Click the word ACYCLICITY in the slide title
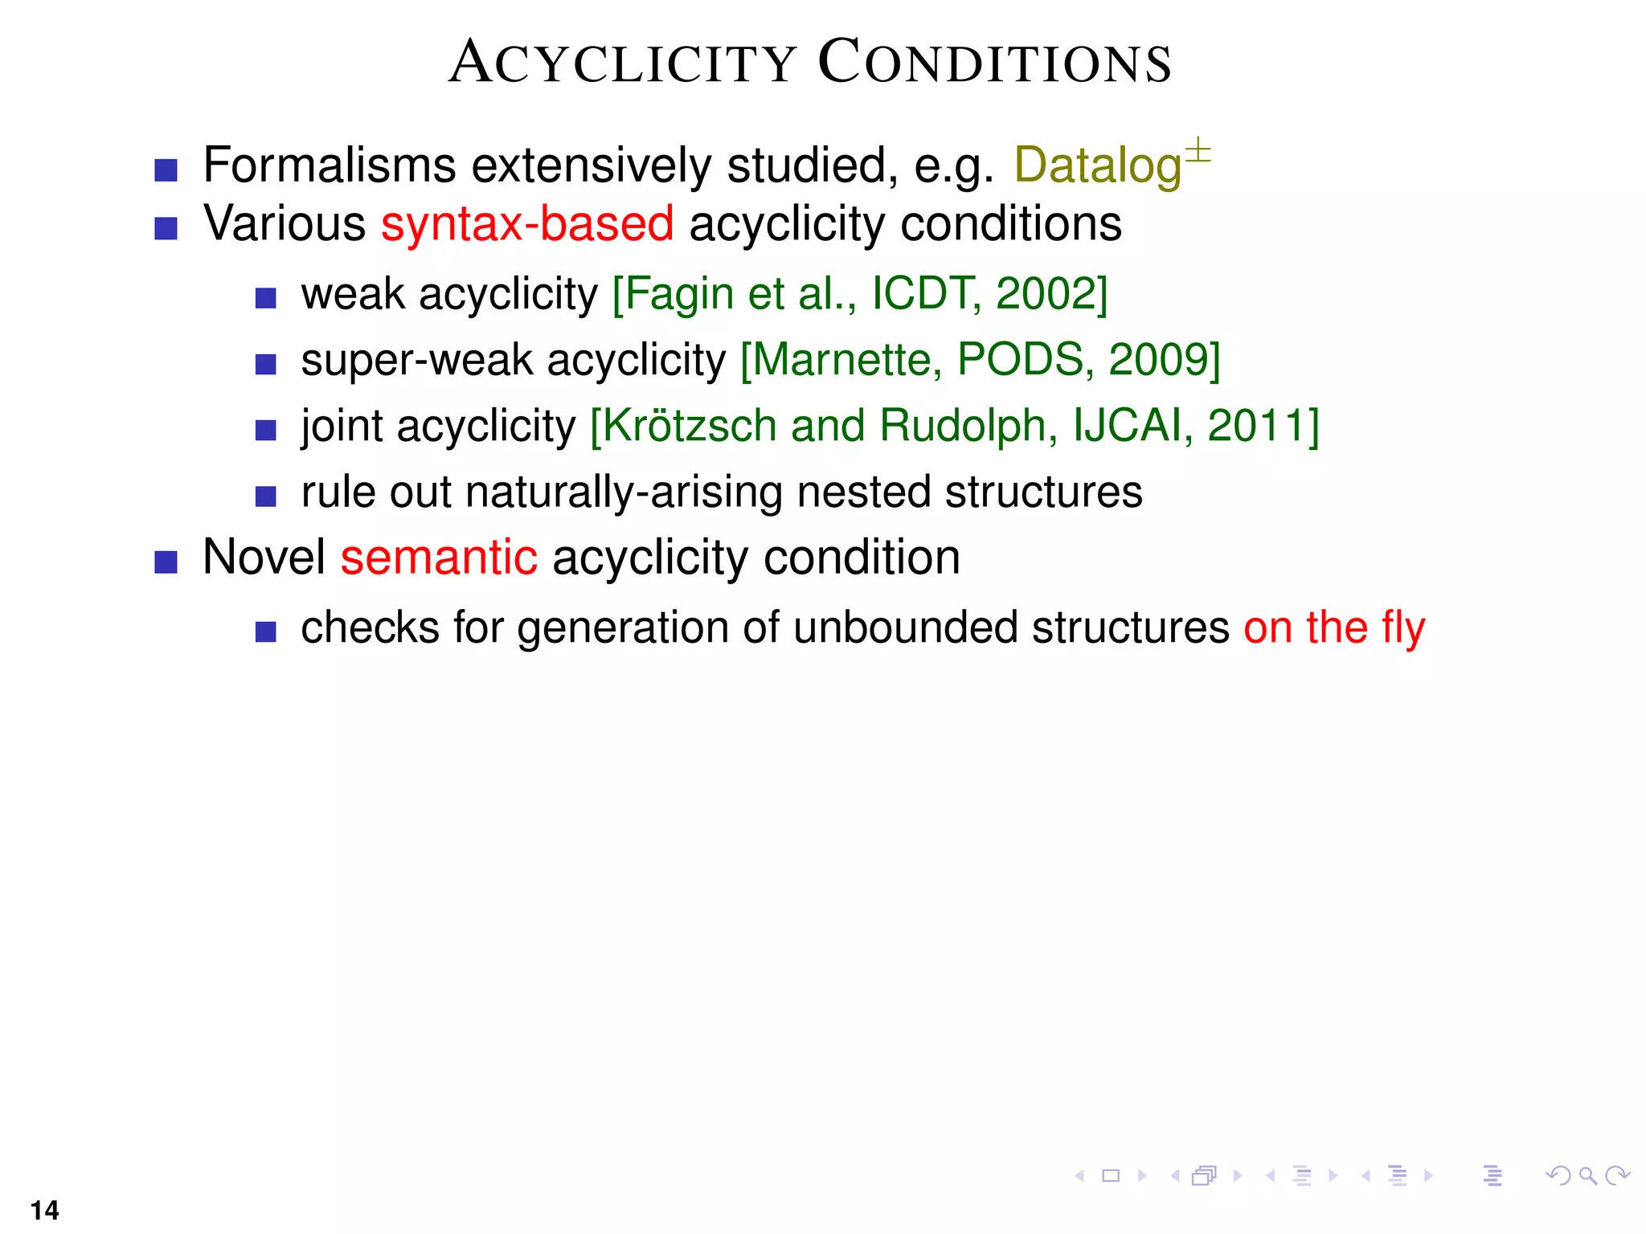[x=623, y=63]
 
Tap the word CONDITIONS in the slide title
[x=994, y=63]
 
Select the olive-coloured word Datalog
[x=1097, y=166]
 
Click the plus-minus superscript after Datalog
[x=1198, y=150]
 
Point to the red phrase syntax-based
[x=527, y=223]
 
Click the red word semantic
[x=439, y=557]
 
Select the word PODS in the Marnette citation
[x=1020, y=360]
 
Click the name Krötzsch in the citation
[x=689, y=426]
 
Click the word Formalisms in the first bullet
[x=330, y=165]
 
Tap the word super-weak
[x=416, y=360]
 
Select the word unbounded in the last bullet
[x=905, y=627]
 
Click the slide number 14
[x=45, y=1210]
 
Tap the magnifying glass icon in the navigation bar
[x=1587, y=1176]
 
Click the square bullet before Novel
[x=166, y=562]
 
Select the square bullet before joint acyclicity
[x=265, y=430]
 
